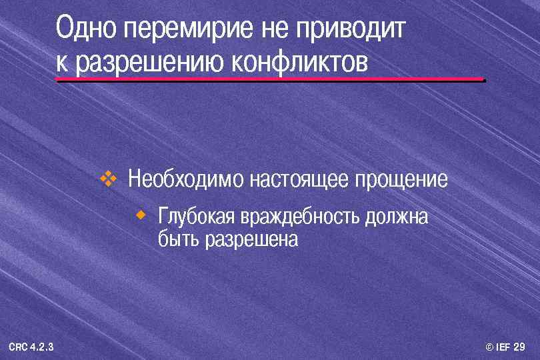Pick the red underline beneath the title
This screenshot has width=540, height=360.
pyautogui.click(x=270, y=80)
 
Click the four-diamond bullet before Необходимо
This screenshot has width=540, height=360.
pyautogui.click(x=107, y=178)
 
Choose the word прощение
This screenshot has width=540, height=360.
pyautogui.click(x=401, y=179)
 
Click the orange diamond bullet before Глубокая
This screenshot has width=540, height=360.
pyautogui.click(x=141, y=215)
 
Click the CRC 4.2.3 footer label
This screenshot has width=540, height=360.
pyautogui.click(x=31, y=347)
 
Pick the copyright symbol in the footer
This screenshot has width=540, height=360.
pyautogui.click(x=490, y=347)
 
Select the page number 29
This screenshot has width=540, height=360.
pyautogui.click(x=520, y=347)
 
